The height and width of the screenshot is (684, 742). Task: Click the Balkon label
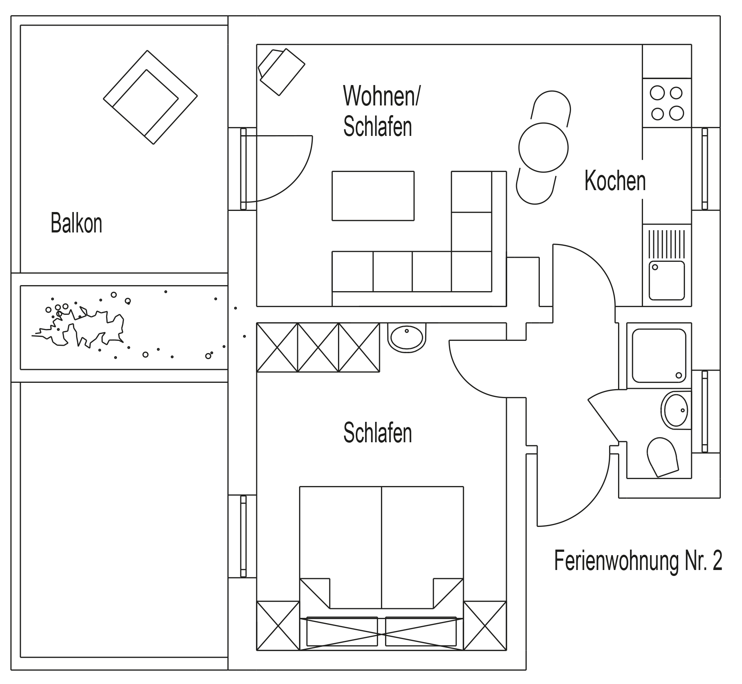(76, 223)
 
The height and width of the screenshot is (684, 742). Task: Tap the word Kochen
(615, 181)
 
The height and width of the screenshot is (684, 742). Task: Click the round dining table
(543, 147)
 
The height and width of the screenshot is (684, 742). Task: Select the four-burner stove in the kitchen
(667, 103)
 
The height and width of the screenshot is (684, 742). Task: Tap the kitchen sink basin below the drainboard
(666, 280)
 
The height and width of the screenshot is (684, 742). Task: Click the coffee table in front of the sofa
(373, 196)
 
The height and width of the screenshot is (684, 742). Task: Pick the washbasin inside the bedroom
(407, 337)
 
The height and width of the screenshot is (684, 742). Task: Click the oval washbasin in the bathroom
(676, 410)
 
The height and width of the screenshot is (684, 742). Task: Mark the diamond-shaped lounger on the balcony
(150, 97)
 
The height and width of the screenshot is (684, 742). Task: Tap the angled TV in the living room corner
(281, 71)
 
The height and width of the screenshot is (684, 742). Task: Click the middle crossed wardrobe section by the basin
(318, 347)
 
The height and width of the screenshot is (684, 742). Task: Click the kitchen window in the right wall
(704, 169)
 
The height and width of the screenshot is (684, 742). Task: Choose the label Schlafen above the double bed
(377, 433)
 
